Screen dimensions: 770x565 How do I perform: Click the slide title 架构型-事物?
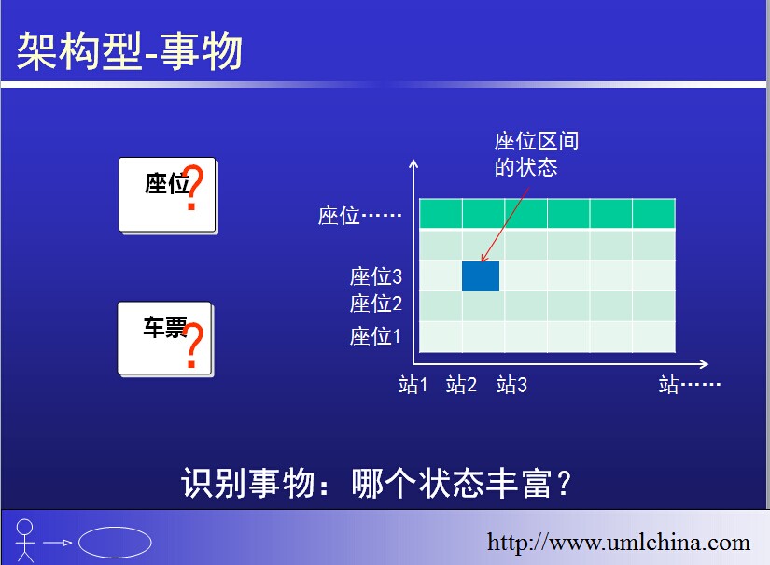[x=129, y=51]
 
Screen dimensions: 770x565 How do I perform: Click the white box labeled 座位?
[x=167, y=194]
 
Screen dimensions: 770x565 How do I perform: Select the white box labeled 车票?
[x=165, y=339]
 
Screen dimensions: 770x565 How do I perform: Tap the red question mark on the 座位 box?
[x=192, y=187]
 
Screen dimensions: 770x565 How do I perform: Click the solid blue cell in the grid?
[x=481, y=276]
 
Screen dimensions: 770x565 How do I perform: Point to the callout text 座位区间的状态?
[x=537, y=154]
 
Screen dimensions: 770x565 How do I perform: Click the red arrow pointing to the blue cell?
[x=505, y=224]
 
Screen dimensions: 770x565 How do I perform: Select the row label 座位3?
[x=376, y=276]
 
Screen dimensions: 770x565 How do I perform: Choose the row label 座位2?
[x=376, y=304]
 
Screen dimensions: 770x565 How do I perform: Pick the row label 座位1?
[x=375, y=336]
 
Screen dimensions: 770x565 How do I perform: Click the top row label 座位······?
[x=359, y=216]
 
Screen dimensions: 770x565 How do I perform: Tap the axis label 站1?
[x=413, y=384]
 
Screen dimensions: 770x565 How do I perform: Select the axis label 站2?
[x=461, y=384]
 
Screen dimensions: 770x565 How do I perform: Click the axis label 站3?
[x=511, y=384]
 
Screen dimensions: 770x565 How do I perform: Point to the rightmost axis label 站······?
[x=689, y=384]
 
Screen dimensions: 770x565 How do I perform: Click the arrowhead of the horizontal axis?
[x=704, y=364]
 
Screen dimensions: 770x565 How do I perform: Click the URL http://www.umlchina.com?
[x=619, y=543]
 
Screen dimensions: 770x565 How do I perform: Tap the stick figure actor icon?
[x=24, y=541]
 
